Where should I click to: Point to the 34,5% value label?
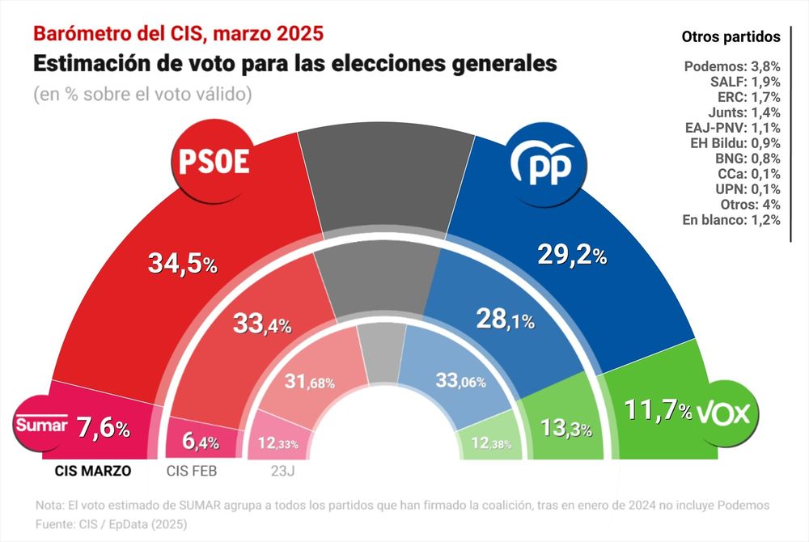[x=182, y=263]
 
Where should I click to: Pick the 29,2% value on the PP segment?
[x=572, y=256]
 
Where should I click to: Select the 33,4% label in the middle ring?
[x=262, y=324]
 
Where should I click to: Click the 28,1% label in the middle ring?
[x=504, y=320]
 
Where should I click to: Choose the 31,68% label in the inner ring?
[x=309, y=381]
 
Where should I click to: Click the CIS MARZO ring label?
[x=92, y=469]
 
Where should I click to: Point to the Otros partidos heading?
[x=731, y=36]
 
